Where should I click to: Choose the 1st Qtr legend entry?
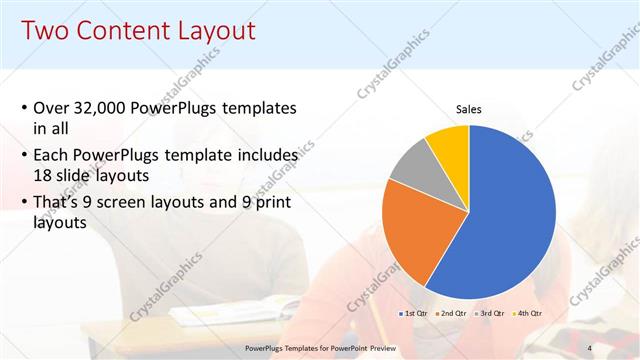(x=414, y=314)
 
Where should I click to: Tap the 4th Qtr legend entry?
(x=527, y=314)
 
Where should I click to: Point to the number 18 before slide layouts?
(x=45, y=176)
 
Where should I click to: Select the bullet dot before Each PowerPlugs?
(x=23, y=157)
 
